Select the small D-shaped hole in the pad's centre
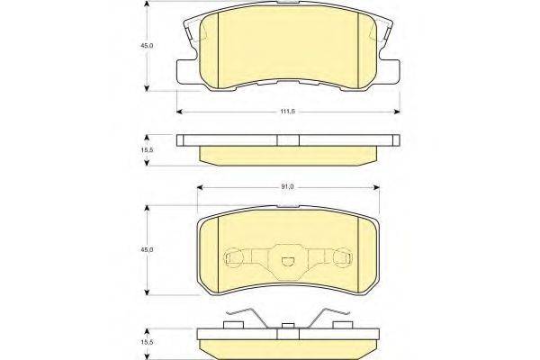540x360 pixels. pyautogui.click(x=289, y=263)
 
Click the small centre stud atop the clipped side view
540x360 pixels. pyautogui.click(x=288, y=328)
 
